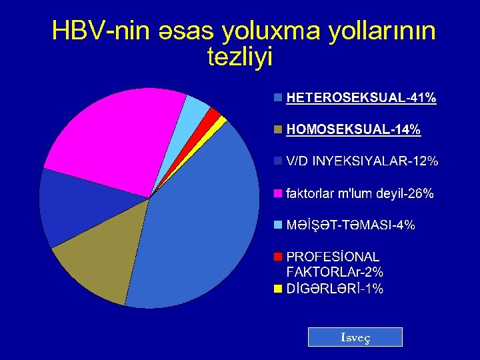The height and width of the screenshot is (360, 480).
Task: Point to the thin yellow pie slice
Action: (221, 120)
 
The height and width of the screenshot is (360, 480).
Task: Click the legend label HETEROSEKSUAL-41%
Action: (361, 98)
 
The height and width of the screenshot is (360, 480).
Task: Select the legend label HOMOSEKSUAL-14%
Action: (353, 130)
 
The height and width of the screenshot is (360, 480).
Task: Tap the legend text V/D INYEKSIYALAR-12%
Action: (361, 161)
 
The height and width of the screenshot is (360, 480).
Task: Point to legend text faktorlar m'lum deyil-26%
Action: (359, 194)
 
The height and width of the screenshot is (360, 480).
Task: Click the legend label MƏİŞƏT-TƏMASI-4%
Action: (350, 225)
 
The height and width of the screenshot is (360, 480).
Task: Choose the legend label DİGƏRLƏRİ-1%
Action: (334, 289)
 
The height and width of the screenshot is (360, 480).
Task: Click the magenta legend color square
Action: (278, 194)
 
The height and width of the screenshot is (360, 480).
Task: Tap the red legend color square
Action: (278, 257)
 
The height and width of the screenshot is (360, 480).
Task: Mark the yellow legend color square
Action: (278, 289)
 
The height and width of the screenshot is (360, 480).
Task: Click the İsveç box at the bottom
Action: (355, 337)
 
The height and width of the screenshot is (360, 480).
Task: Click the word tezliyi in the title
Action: (240, 57)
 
